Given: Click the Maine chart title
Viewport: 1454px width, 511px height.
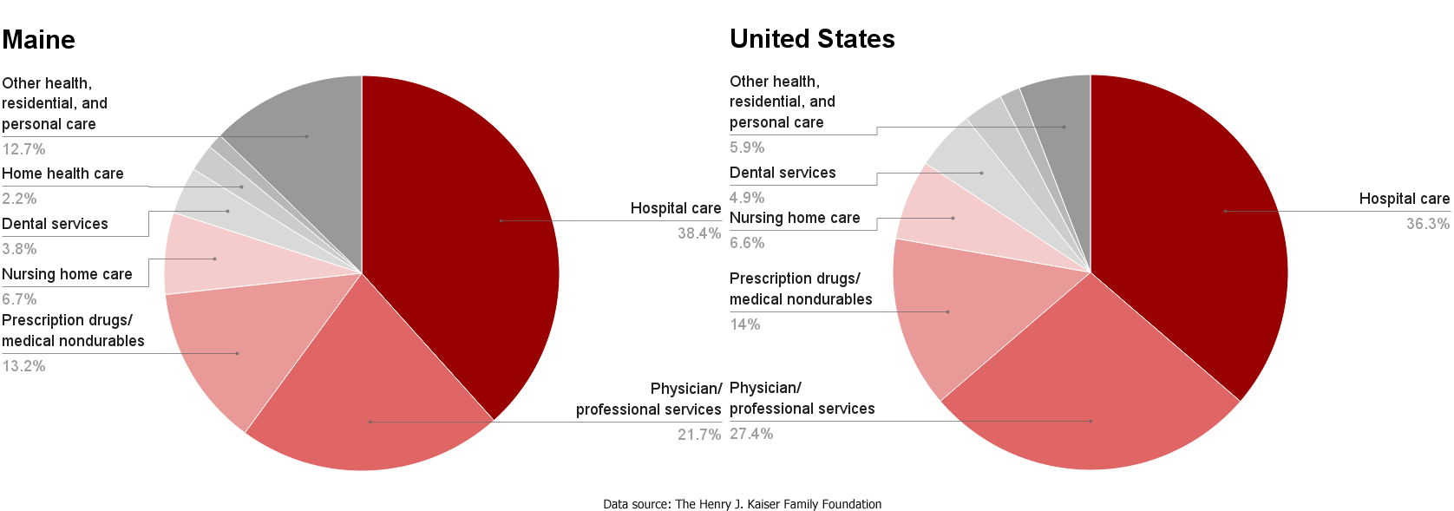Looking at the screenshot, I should [39, 40].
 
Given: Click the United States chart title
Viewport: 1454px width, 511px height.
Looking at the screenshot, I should [812, 39].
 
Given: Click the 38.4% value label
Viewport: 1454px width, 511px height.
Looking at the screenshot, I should [699, 233].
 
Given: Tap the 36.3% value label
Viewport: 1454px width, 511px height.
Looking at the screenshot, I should [1427, 224].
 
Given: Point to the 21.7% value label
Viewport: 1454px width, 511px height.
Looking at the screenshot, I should [699, 435].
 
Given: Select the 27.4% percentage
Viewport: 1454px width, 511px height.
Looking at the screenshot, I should [751, 434].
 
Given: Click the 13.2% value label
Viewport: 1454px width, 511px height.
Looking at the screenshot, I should [24, 366].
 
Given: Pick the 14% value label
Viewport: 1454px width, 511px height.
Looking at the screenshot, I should [745, 324].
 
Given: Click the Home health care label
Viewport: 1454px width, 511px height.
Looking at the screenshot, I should [62, 174].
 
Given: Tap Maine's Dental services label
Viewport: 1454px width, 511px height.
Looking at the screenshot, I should [55, 224].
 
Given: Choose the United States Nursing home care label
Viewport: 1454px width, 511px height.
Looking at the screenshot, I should [795, 218].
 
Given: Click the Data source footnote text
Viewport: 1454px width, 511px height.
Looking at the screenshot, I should [742, 504].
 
